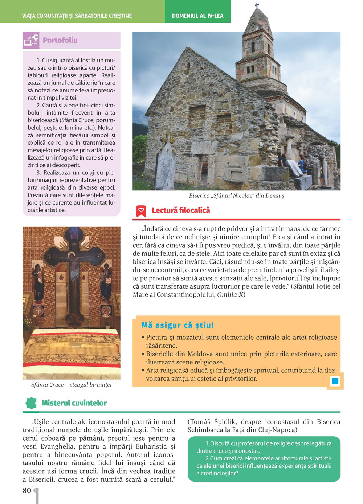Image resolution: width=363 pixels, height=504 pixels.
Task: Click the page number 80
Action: pos(27,491)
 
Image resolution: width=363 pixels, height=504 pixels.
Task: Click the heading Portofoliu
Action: pos(60,40)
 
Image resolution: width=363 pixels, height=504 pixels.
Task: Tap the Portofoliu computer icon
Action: pos(31,40)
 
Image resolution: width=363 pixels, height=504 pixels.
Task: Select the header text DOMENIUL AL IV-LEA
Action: pos(197,16)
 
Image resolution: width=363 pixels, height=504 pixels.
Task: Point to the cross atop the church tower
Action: pos(257,5)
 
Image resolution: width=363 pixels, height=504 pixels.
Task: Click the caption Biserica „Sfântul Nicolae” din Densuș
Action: pos(236,196)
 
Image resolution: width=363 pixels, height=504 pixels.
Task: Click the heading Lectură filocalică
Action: pos(181,210)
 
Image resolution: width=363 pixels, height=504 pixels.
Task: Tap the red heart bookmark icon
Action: pos(141,211)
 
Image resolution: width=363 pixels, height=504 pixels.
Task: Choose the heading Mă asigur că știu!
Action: pos(177,325)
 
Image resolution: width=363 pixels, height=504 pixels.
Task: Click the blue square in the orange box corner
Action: pos(335,381)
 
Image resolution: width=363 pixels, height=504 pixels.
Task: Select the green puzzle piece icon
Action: pos(31,403)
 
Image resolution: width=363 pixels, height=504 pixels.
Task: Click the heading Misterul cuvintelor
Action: pos(74,403)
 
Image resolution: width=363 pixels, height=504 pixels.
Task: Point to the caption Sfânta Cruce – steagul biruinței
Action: pos(71,385)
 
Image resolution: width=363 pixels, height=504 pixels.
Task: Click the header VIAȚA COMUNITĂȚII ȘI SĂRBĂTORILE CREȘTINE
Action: pos(77,16)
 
